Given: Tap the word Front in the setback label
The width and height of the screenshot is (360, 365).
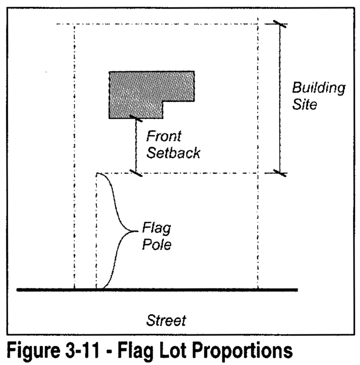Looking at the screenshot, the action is coord(164,136).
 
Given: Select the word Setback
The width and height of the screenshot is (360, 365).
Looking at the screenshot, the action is coord(173,153).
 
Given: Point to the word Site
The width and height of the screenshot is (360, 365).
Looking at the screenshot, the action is coord(304,104).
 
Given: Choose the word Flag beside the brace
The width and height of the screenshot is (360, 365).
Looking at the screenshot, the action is coord(157,228).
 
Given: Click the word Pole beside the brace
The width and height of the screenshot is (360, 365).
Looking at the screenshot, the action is coord(157,244).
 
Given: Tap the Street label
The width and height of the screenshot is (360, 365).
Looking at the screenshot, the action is coord(166,320).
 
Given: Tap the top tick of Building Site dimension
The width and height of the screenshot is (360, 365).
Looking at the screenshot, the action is coord(279,24).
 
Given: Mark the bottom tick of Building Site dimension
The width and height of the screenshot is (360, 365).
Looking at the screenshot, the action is coord(280,173).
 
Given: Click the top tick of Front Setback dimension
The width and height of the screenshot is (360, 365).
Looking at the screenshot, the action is coord(136,118).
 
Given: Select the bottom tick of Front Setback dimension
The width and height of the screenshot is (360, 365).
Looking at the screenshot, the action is coord(136,173).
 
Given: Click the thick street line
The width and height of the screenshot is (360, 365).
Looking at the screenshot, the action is coord(157,290).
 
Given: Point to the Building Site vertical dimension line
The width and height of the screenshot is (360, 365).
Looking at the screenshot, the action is coord(280,98).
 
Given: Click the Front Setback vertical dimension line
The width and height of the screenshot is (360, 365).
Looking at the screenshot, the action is coord(136,146).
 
